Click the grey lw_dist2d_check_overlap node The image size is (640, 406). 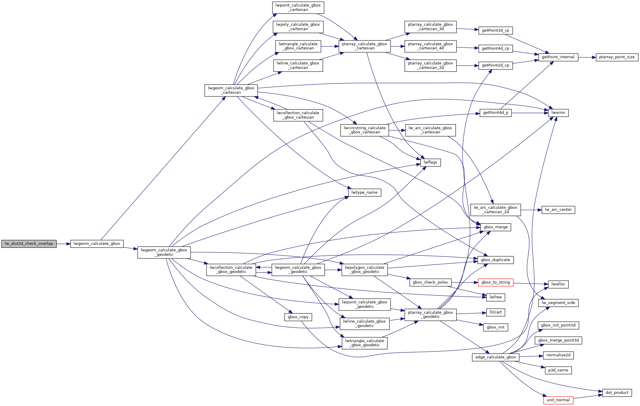pyautogui.click(x=29, y=244)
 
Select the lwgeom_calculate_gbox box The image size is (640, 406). pyautogui.click(x=97, y=244)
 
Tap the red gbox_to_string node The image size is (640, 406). pyautogui.click(x=495, y=282)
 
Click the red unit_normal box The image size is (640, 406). pyautogui.click(x=558, y=400)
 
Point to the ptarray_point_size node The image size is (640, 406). pyautogui.click(x=617, y=57)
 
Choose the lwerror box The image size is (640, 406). pyautogui.click(x=558, y=113)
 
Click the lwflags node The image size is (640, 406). pyautogui.click(x=430, y=162)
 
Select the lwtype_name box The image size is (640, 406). pyautogui.click(x=364, y=193)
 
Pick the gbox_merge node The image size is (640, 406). pyautogui.click(x=495, y=227)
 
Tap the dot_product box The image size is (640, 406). pyautogui.click(x=617, y=393)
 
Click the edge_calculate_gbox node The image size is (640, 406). pyautogui.click(x=495, y=357)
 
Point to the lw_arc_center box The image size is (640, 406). pyautogui.click(x=558, y=210)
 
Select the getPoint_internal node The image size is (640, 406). pyautogui.click(x=558, y=57)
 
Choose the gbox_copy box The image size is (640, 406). pyautogui.click(x=298, y=317)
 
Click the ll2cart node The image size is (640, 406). pyautogui.click(x=495, y=312)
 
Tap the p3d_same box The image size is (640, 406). pyautogui.click(x=558, y=370)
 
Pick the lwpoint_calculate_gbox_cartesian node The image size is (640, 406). pyautogui.click(x=298, y=7)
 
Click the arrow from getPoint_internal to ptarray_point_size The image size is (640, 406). pyautogui.click(x=587, y=57)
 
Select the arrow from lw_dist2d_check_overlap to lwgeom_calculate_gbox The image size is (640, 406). pyautogui.click(x=63, y=244)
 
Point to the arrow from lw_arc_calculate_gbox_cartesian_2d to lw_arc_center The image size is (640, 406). pyautogui.click(x=531, y=210)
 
